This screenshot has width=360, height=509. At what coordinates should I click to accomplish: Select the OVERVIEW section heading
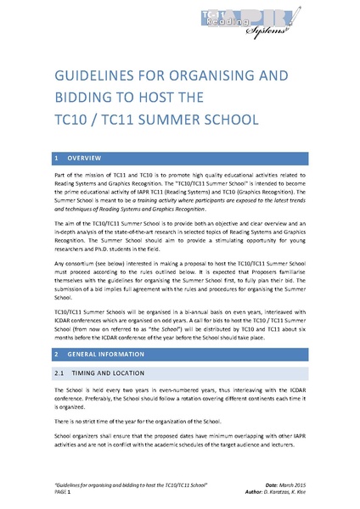pyautogui.click(x=82, y=158)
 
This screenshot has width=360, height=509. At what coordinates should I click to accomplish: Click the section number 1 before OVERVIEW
pyautogui.click(x=55, y=158)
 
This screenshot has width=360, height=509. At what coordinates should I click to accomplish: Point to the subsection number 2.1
pyautogui.click(x=59, y=372)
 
